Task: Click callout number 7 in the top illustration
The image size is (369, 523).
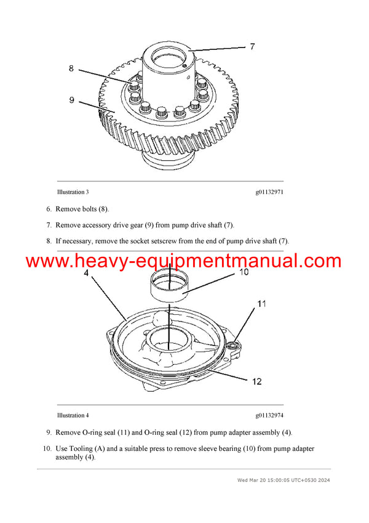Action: click(x=251, y=46)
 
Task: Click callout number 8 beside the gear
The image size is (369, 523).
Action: click(x=71, y=68)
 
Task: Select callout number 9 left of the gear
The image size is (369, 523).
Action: click(x=71, y=99)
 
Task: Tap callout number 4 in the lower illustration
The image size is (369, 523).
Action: click(x=86, y=272)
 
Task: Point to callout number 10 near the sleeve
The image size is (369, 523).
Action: click(x=243, y=272)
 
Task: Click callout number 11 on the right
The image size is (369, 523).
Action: click(x=261, y=303)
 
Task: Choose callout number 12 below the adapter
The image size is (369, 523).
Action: click(x=256, y=381)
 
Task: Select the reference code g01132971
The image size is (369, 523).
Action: click(x=269, y=193)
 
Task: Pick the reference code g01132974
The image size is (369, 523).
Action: click(x=269, y=415)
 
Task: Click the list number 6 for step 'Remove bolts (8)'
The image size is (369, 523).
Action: click(x=49, y=209)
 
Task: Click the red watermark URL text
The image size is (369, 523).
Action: click(x=184, y=261)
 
